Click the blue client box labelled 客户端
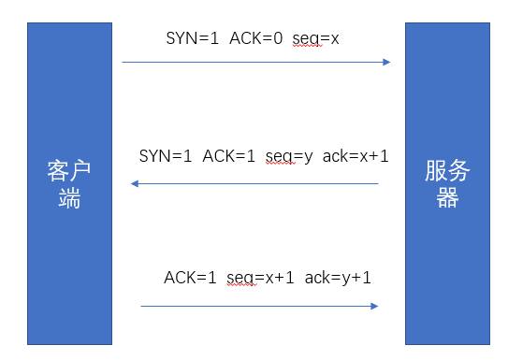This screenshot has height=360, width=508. click(x=69, y=183)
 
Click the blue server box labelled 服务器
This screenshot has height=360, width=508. click(x=447, y=183)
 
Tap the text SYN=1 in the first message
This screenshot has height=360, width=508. click(x=193, y=38)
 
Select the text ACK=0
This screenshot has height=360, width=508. click(x=256, y=38)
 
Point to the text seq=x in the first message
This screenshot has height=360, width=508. click(x=315, y=39)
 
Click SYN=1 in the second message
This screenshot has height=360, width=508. click(x=166, y=156)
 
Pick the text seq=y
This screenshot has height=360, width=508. click(x=289, y=157)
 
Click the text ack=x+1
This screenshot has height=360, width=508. click(x=356, y=156)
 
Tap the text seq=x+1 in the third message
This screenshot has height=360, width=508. click(x=260, y=279)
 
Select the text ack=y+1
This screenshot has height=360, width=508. click(x=338, y=279)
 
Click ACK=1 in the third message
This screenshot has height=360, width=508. click(x=190, y=278)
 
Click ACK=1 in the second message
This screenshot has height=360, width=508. click(x=228, y=156)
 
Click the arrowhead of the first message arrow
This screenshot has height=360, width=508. click(x=386, y=62)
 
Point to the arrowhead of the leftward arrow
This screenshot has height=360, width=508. click(x=135, y=183)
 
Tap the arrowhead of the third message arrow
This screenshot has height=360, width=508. click(x=374, y=306)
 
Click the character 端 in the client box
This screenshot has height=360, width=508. click(x=69, y=197)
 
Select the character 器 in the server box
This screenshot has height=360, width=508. click(x=447, y=197)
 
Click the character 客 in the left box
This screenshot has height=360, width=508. click(x=58, y=170)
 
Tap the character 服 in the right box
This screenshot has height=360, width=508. click(x=436, y=170)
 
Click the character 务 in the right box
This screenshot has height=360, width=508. click(x=458, y=170)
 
